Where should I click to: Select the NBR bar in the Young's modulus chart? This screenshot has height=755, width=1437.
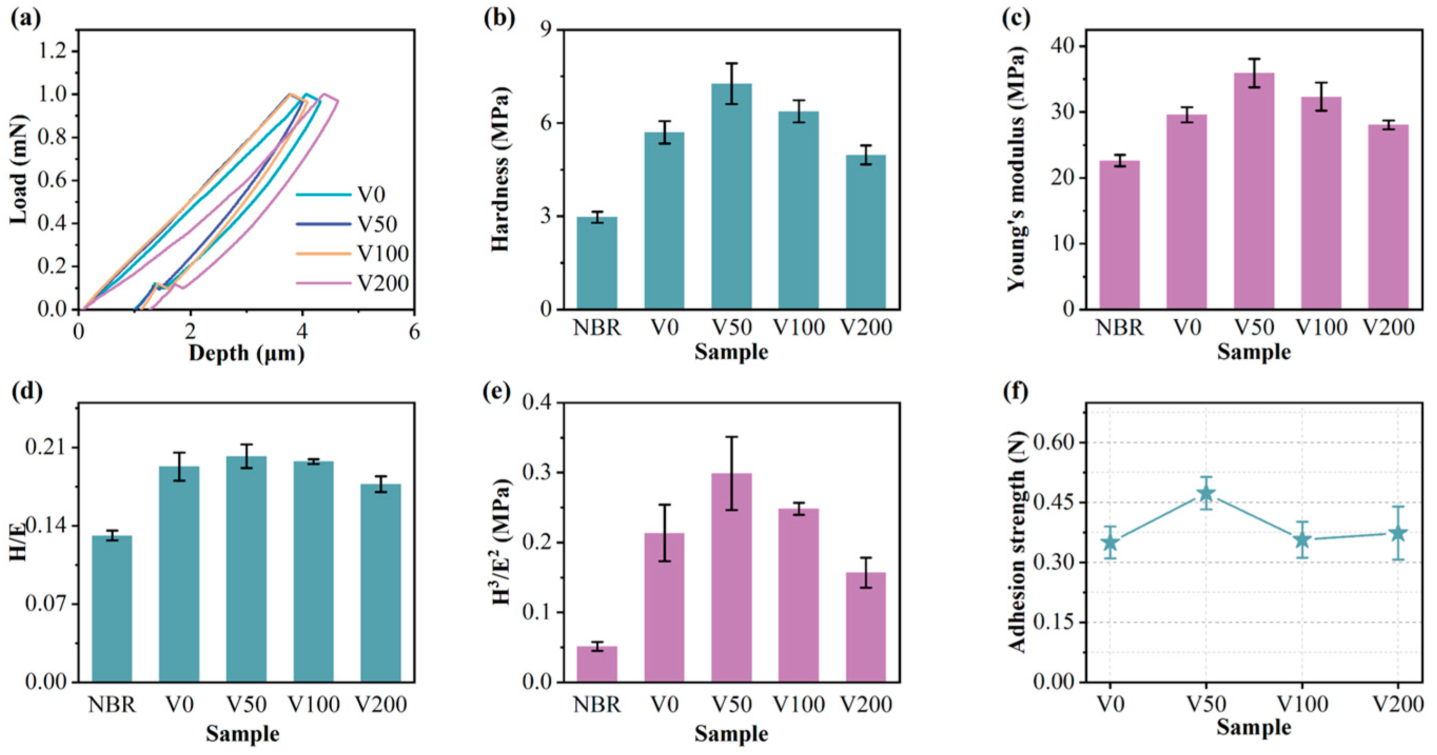pyautogui.click(x=1119, y=234)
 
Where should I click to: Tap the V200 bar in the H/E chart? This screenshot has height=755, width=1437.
pyautogui.click(x=380, y=583)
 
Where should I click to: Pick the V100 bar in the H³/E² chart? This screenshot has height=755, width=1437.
pyautogui.click(x=798, y=595)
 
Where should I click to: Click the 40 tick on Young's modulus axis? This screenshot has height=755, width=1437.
pyautogui.click(x=1058, y=46)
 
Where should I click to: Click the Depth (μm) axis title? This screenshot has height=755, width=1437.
pyautogui.click(x=246, y=352)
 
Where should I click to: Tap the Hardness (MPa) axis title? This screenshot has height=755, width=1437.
pyautogui.click(x=501, y=169)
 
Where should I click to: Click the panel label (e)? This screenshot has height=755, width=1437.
pyautogui.click(x=497, y=392)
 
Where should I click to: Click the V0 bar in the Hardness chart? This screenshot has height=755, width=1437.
pyautogui.click(x=664, y=220)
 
